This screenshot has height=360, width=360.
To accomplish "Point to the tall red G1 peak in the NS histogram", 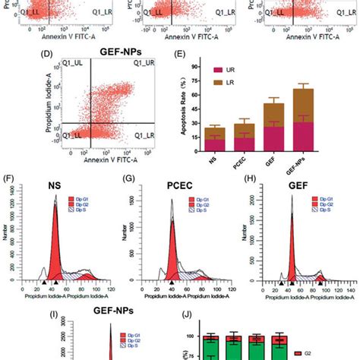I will pyautogui.click(x=55, y=243).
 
